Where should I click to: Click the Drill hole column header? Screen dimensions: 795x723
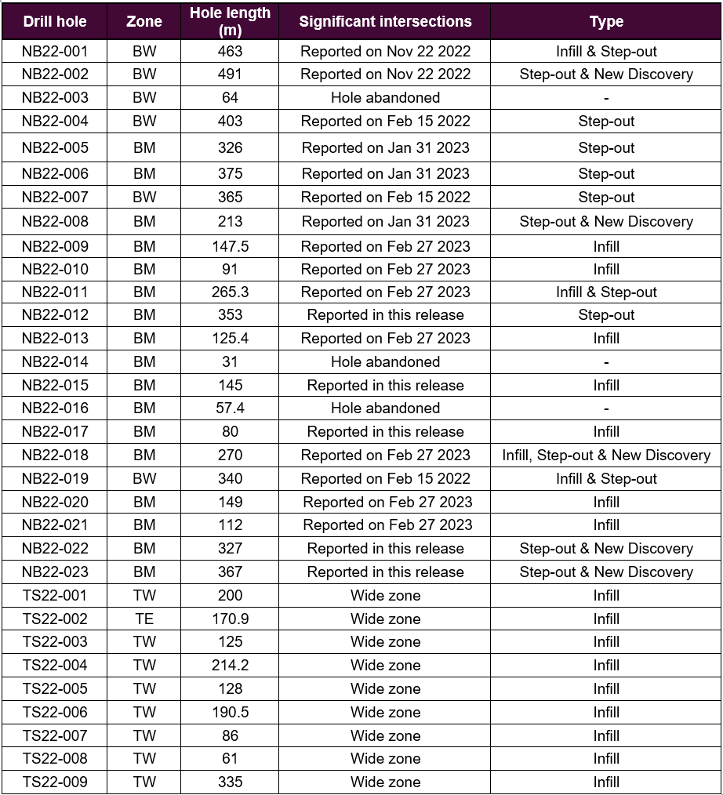[54, 21]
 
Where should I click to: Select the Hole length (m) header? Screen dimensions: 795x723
[230, 21]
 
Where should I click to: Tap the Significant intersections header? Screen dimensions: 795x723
[385, 21]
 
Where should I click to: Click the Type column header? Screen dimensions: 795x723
[606, 21]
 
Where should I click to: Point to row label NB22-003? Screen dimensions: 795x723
[55, 98]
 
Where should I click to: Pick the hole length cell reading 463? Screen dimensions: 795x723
[230, 52]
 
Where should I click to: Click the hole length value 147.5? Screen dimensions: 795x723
[230, 246]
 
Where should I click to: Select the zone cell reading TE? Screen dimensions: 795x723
[144, 619]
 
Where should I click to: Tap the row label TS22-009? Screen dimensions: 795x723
[55, 782]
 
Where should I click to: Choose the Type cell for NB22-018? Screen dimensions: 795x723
[606, 455]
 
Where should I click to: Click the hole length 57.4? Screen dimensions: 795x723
[230, 408]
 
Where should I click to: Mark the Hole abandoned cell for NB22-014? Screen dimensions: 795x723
[385, 361]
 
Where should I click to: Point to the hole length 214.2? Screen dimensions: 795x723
[230, 665]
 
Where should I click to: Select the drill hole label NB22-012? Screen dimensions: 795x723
[55, 314]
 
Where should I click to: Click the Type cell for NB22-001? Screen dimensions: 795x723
[606, 52]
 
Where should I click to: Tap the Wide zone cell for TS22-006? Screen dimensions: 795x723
[385, 712]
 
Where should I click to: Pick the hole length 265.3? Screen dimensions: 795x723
[230, 292]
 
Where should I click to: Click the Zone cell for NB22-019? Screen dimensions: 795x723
[144, 478]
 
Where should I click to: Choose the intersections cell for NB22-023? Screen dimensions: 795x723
[385, 572]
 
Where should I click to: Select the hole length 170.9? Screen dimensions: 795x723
[230, 619]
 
